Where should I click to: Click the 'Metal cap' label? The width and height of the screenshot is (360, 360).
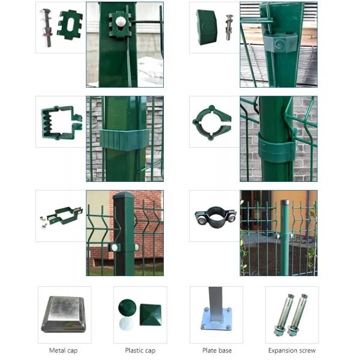(x=64, y=350)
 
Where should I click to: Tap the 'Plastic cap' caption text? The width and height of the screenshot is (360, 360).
(x=140, y=350)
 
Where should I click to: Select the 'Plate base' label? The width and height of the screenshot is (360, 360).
(x=217, y=350)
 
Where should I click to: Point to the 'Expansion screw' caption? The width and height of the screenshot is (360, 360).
(x=292, y=350)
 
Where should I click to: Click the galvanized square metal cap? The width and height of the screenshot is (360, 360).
(x=64, y=314)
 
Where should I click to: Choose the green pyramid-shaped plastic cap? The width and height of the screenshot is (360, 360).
(x=151, y=314)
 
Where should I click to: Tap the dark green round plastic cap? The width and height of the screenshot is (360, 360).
(x=127, y=307)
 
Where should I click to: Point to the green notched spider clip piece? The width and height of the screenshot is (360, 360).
(x=70, y=25)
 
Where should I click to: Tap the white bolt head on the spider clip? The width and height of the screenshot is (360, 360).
(x=121, y=22)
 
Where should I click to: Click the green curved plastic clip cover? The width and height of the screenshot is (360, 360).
(x=206, y=27)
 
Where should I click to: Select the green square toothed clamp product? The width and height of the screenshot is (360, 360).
(x=61, y=123)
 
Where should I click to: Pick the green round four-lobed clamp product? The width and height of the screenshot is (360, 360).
(x=212, y=123)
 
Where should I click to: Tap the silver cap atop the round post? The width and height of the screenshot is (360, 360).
(x=285, y=203)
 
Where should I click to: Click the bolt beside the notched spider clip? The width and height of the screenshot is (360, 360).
(x=46, y=28)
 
